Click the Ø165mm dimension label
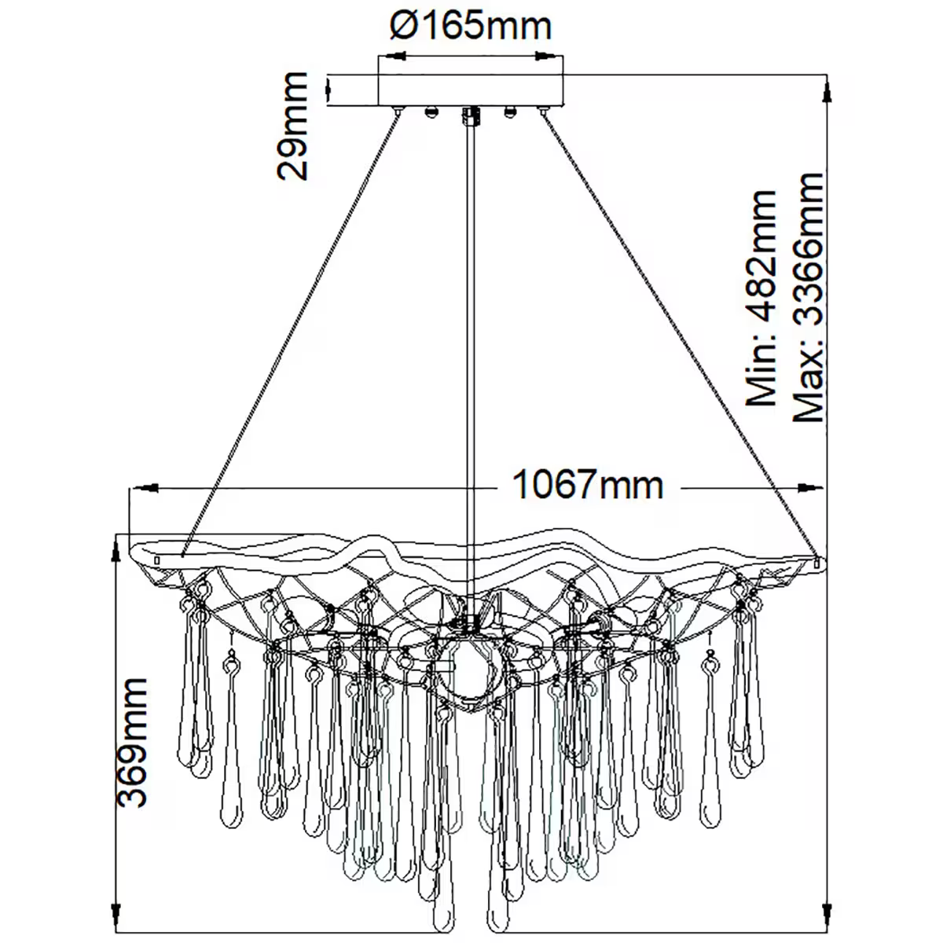[471, 27]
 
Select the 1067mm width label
[588, 485]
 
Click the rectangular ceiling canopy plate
[471, 89]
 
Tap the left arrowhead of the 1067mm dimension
[146, 488]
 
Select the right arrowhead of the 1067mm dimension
[810, 488]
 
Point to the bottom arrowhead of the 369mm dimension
[117, 921]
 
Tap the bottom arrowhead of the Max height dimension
[826, 921]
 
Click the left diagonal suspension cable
[291, 330]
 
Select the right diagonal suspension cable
[680, 330]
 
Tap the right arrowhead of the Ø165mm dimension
[550, 57]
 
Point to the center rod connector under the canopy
[471, 116]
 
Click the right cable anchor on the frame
[816, 561]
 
